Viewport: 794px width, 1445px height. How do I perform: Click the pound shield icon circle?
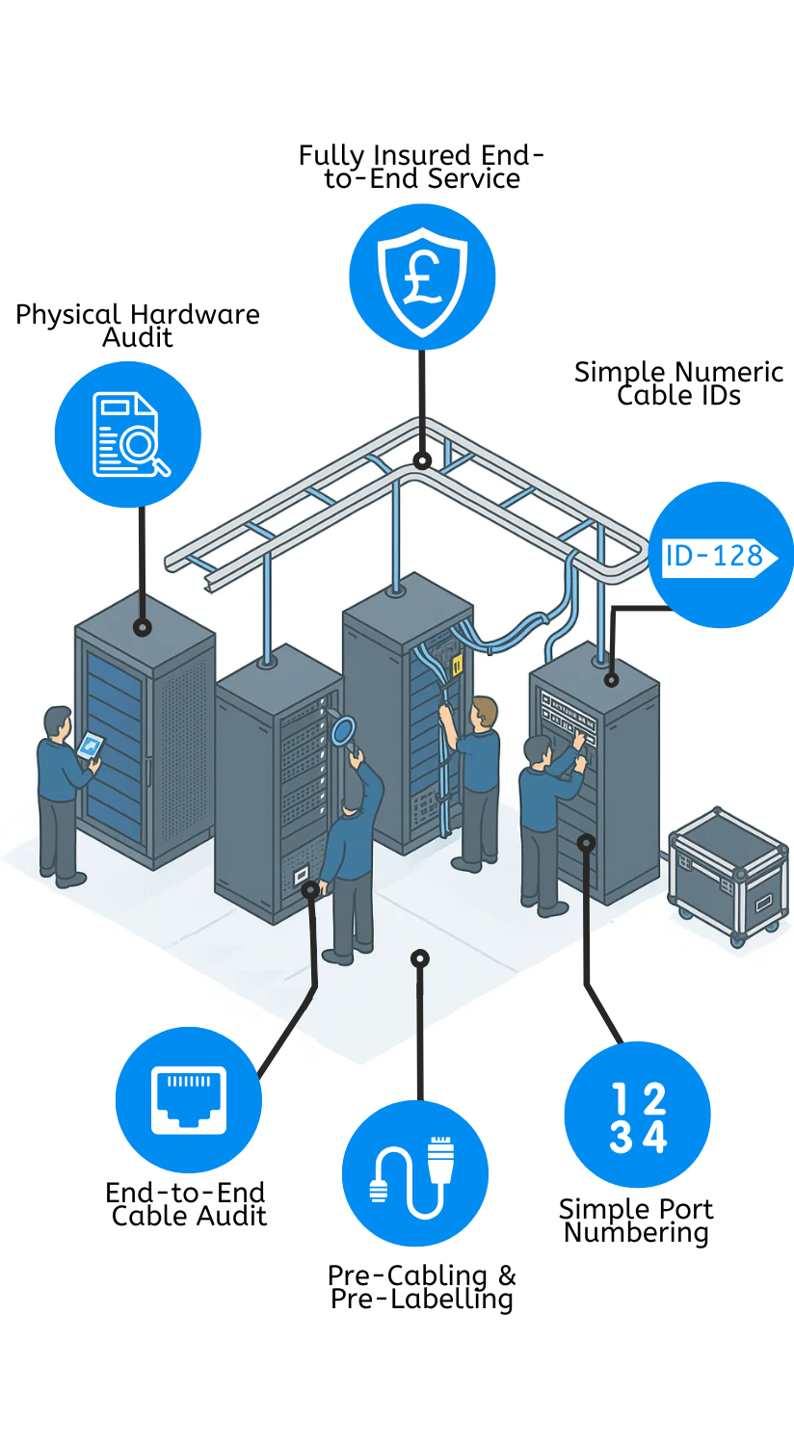[422, 276]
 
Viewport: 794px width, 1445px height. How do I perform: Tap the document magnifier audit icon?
[128, 434]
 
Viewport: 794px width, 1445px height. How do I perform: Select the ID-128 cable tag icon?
[720, 555]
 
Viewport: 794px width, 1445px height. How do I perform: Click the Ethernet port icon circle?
[189, 1099]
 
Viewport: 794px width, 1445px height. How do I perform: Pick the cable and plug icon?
[415, 1173]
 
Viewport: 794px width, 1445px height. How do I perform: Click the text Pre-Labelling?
[421, 1300]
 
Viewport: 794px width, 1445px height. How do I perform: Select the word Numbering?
[636, 1233]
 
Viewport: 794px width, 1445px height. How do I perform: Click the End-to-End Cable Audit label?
[187, 1204]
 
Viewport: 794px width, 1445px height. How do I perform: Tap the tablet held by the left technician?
[90, 745]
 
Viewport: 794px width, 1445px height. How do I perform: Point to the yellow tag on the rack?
[457, 663]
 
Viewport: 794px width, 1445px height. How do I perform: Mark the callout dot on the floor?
[419, 959]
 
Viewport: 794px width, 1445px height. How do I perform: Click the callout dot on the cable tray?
[421, 460]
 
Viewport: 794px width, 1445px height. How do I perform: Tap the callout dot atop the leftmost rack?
[143, 628]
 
